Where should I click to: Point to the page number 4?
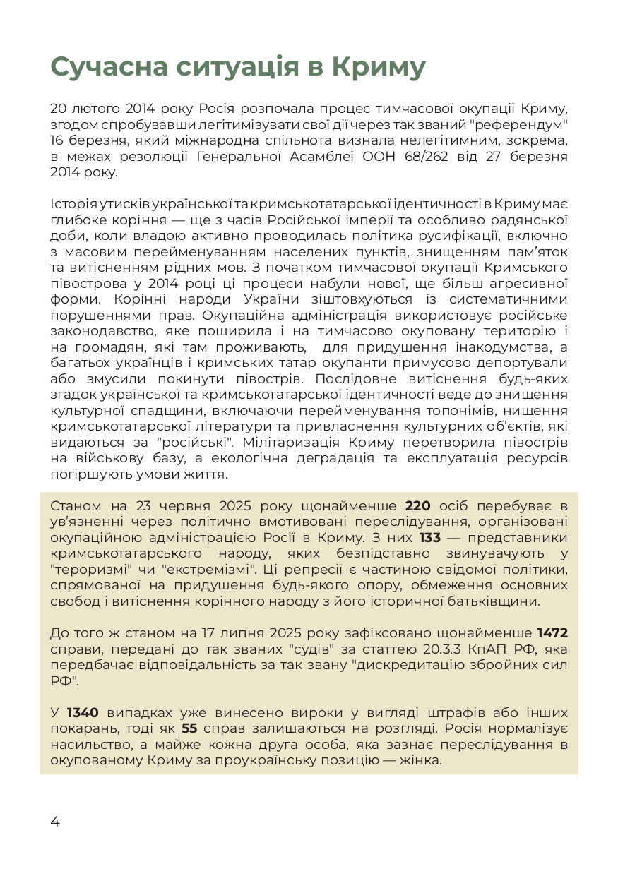[x=55, y=821]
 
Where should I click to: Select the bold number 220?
[x=417, y=506]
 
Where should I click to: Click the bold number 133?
[x=429, y=538]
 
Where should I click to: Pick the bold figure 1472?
[x=552, y=632]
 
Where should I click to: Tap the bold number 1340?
[x=83, y=712]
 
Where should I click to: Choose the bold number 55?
[x=189, y=728]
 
